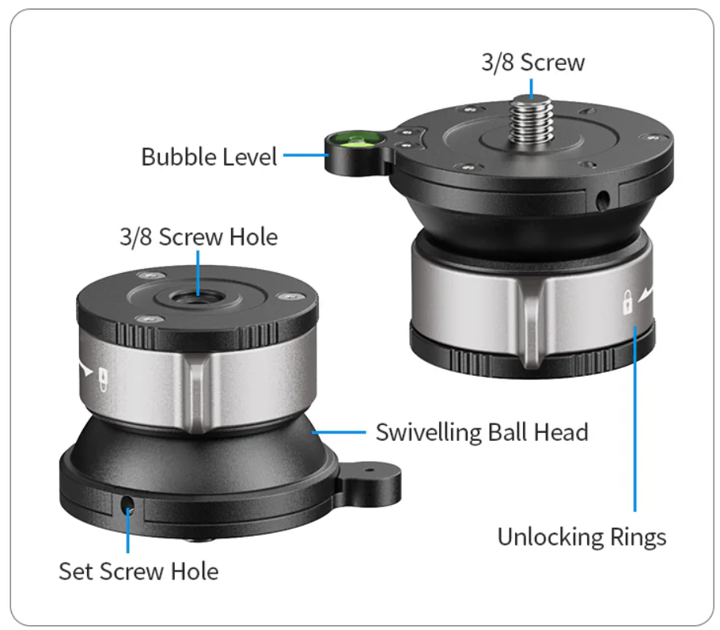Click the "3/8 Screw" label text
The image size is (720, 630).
click(x=533, y=63)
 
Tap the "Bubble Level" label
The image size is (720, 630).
click(x=209, y=157)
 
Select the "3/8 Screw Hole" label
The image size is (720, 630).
click(x=199, y=237)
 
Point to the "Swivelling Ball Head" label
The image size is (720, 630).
click(x=482, y=432)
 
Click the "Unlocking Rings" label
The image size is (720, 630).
click(x=582, y=537)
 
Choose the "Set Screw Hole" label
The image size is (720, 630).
click(x=138, y=571)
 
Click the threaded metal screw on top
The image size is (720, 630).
click(x=532, y=120)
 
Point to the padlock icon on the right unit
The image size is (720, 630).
click(x=627, y=302)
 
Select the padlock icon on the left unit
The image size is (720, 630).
click(x=104, y=379)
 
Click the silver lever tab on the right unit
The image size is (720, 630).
click(x=531, y=321)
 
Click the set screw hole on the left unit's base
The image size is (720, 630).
click(x=127, y=505)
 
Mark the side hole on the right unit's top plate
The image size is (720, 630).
click(x=602, y=199)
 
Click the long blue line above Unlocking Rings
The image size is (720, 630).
click(x=635, y=419)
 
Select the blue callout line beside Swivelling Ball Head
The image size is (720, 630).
click(x=339, y=432)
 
